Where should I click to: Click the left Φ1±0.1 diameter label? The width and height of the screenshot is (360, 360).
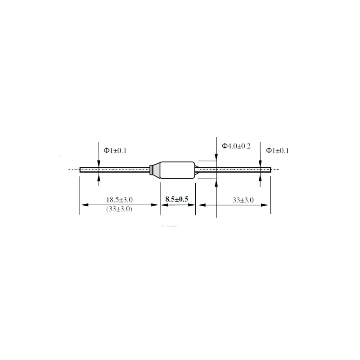[115, 151]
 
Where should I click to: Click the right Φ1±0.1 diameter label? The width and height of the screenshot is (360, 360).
[277, 151]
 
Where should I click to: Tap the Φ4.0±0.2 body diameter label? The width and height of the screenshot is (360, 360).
[236, 146]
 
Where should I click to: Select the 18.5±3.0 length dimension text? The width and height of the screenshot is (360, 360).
[119, 200]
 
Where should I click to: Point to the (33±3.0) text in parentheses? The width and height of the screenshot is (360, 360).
[119, 209]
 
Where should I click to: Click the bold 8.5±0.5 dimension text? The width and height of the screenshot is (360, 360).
[177, 199]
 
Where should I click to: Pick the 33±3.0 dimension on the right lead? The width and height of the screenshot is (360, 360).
[243, 200]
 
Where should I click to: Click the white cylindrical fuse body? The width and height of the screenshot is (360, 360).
[177, 170]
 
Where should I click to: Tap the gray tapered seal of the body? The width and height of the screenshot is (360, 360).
[155, 170]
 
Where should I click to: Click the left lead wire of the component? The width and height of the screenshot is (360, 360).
[115, 170]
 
